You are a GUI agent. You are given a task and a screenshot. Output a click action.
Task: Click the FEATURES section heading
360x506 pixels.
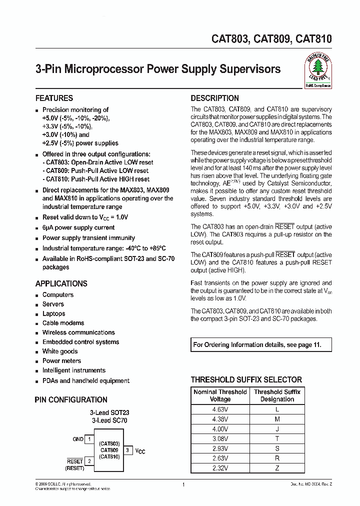pyautogui.click(x=54, y=98)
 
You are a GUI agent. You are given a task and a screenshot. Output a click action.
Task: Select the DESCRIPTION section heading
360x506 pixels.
pyautogui.click(x=215, y=98)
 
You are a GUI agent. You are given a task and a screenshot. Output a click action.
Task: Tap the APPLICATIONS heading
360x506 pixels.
pyautogui.click(x=61, y=283)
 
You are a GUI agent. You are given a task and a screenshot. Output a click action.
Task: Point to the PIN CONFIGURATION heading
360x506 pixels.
pyautogui.click(x=71, y=399)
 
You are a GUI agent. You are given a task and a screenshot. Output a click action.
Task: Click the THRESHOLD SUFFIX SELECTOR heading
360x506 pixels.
pyautogui.click(x=246, y=379)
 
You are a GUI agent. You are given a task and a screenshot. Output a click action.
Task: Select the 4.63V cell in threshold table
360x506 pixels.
pyautogui.click(x=220, y=409)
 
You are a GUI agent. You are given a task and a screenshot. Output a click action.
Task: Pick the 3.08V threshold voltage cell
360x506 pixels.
pyautogui.click(x=220, y=438)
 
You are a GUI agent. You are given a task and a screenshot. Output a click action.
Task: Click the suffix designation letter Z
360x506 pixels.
pyautogui.click(x=277, y=468)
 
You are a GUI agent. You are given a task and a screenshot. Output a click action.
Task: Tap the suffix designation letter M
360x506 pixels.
pyautogui.click(x=277, y=419)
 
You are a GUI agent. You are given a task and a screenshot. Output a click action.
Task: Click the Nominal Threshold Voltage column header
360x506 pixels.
pyautogui.click(x=220, y=395)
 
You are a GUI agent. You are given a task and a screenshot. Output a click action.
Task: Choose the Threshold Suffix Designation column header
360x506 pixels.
pyautogui.click(x=277, y=395)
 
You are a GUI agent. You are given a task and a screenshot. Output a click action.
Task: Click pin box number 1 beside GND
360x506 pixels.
pyautogui.click(x=89, y=439)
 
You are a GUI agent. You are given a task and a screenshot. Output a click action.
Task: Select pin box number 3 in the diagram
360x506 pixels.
pyautogui.click(x=127, y=450)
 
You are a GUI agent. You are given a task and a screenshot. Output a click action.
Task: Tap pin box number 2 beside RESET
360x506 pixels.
pyautogui.click(x=89, y=461)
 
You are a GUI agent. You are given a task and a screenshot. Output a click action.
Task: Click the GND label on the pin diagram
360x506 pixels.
pyautogui.click(x=78, y=439)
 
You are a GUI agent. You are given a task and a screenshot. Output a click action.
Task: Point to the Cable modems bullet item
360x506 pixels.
pyautogui.click(x=63, y=323)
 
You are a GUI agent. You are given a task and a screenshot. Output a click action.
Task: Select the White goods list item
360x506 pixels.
pyautogui.click(x=60, y=351)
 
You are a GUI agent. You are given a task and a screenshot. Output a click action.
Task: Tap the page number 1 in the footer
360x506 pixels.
pyautogui.click(x=183, y=485)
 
